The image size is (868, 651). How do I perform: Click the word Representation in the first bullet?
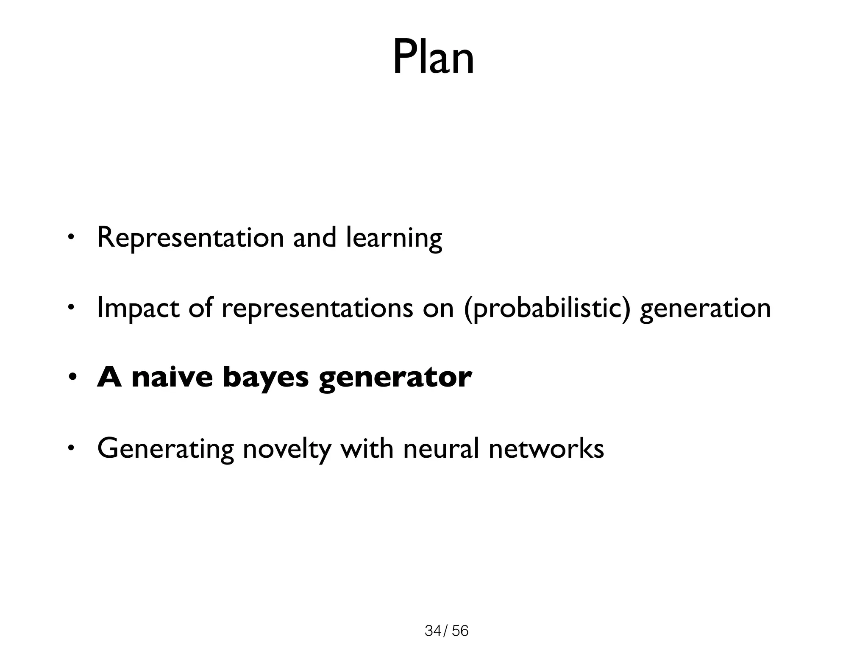point(190,237)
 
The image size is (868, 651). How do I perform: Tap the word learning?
point(394,238)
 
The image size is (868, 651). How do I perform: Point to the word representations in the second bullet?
point(317,309)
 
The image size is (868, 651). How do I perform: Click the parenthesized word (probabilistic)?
point(547,309)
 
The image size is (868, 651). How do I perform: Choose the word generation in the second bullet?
point(705,309)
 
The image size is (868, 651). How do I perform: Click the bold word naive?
point(172,377)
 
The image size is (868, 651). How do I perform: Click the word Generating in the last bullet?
point(165,449)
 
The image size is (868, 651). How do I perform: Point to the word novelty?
point(287,449)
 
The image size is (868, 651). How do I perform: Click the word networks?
point(546,448)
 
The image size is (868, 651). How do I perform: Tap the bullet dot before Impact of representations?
point(71,307)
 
